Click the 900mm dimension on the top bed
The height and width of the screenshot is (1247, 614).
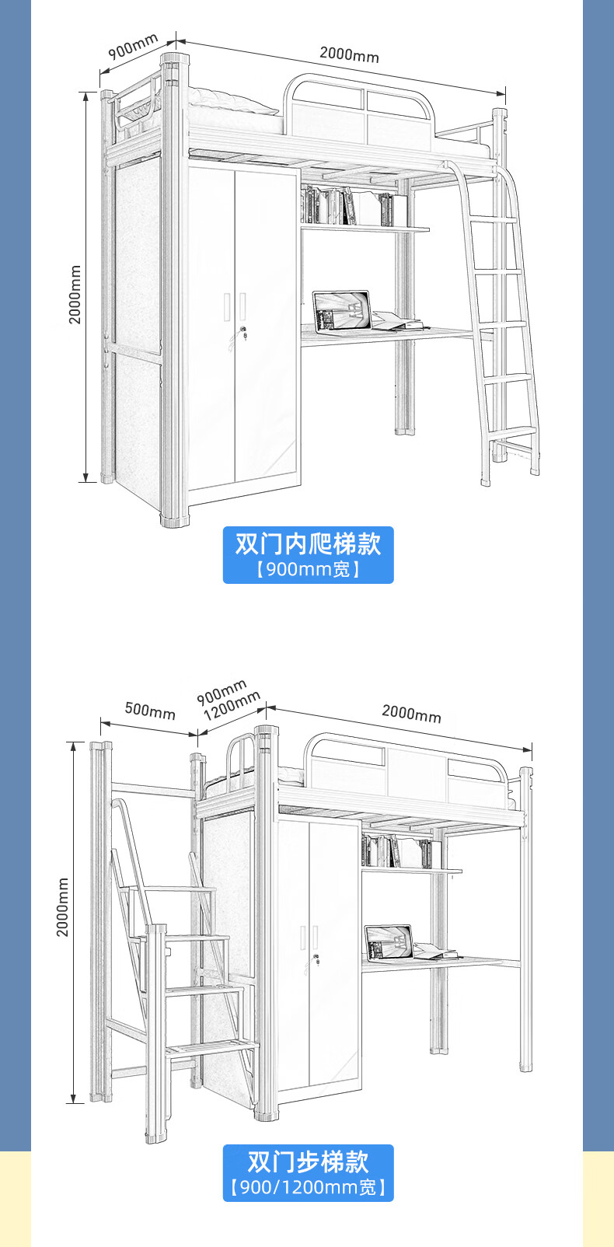[x=133, y=47]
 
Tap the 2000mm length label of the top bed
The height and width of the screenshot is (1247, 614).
[x=349, y=54]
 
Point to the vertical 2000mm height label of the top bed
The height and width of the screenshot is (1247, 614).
[x=75, y=294]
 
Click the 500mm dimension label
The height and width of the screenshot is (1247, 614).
[x=150, y=710]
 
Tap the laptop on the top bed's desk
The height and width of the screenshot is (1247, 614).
[x=342, y=310]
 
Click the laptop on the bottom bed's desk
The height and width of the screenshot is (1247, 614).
[x=389, y=941]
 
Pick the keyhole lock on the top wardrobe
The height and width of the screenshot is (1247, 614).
[x=243, y=335]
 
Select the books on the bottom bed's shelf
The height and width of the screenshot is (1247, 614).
[x=396, y=851]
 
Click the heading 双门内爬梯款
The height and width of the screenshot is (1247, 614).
[x=308, y=543]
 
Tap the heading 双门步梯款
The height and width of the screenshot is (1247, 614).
[x=308, y=1161]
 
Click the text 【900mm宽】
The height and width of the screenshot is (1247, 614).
[x=308, y=570]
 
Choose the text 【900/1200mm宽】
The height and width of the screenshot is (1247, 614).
[x=308, y=1187]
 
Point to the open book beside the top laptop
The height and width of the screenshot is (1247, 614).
[x=396, y=320]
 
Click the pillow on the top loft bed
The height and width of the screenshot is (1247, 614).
[x=233, y=101]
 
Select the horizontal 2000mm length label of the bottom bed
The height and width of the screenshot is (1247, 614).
[x=411, y=713]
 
